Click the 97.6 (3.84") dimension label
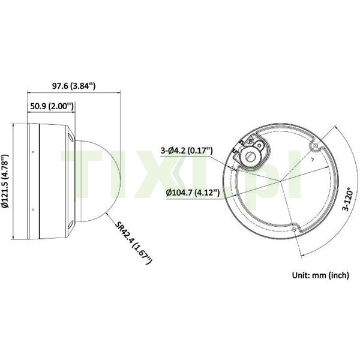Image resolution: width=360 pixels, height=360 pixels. click(x=73, y=86)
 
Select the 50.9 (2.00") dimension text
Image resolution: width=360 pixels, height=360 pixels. click(x=52, y=106)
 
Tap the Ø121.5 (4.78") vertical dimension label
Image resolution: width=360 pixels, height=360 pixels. click(x=5, y=181)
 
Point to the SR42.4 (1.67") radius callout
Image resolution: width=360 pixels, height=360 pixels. click(x=133, y=242)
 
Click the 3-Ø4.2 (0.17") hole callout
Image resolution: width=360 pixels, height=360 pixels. click(x=187, y=151)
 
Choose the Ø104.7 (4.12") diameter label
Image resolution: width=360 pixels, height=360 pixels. click(x=193, y=193)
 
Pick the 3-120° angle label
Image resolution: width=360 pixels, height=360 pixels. click(x=347, y=199)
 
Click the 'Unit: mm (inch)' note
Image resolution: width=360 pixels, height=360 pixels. click(x=320, y=275)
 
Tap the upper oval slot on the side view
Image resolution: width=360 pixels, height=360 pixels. click(x=71, y=137)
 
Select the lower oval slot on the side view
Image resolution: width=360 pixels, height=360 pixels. click(x=71, y=225)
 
